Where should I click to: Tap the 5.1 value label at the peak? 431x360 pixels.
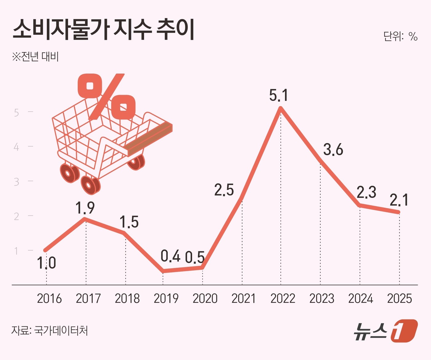pos(279,95)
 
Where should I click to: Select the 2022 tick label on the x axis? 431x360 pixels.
pos(283,298)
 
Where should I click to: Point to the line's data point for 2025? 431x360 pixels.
pos(399,212)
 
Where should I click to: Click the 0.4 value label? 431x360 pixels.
pos(170,256)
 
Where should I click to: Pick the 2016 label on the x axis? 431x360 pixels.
pos(49,298)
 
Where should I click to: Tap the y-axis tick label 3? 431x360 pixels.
pos(17,182)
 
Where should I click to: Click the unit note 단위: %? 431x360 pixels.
pos(400,36)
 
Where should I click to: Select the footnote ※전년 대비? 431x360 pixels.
pos(35,57)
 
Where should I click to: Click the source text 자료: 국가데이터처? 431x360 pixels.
pos(50,331)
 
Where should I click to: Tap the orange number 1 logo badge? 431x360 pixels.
pos(404,331)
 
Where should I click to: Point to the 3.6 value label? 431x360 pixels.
pos(333,150)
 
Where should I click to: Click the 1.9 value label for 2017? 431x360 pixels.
pos(85,208)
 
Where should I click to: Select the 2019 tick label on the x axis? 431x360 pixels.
pos(166,298)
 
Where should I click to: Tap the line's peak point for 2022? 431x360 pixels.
pos(280,108)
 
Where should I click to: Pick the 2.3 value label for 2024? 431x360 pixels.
pos(366,193)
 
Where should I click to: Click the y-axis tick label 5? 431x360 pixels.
pos(17,113)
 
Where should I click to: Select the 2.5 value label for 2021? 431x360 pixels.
pos(224,190)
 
